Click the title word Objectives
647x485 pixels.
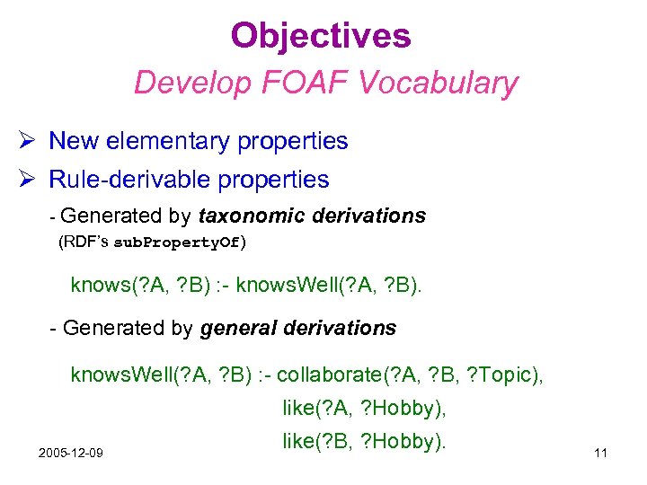pyautogui.click(x=321, y=36)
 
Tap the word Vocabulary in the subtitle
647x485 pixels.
pyautogui.click(x=439, y=83)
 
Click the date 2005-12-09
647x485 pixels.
pyautogui.click(x=70, y=452)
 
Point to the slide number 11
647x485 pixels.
pyautogui.click(x=600, y=453)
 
